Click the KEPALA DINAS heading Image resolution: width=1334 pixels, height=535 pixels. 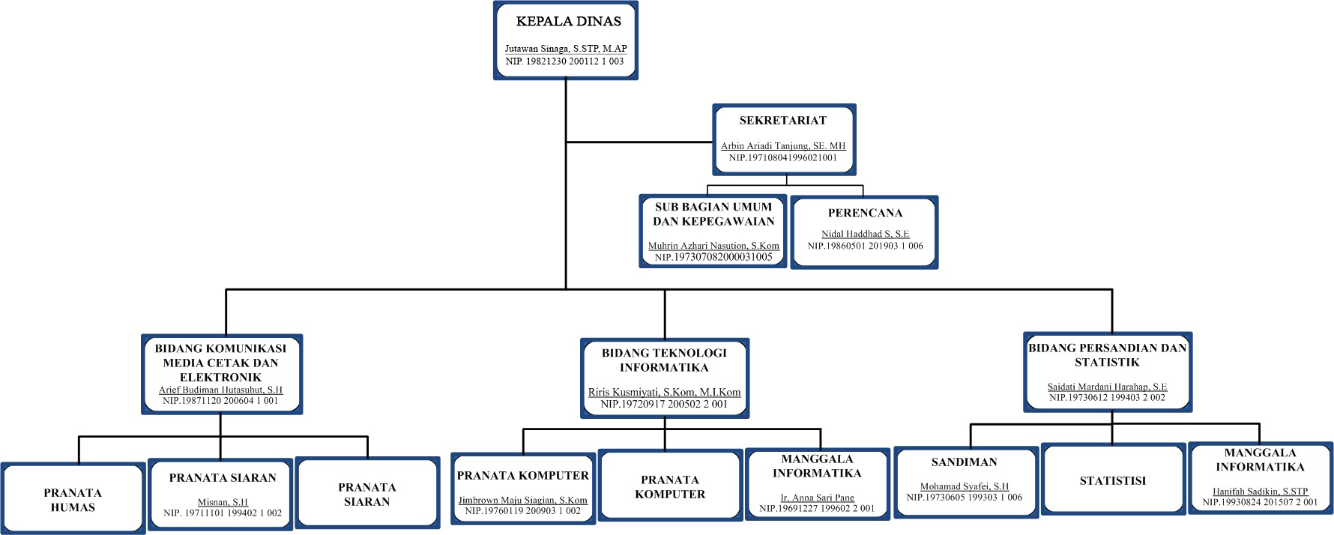(568, 22)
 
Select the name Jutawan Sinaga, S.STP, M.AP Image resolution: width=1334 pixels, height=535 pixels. (565, 49)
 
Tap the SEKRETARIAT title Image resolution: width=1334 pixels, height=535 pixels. (782, 121)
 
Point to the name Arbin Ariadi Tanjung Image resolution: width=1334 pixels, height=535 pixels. (782, 146)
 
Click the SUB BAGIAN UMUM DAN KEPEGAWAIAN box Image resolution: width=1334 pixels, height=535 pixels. (713, 231)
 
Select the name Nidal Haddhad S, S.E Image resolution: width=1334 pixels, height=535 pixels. (865, 234)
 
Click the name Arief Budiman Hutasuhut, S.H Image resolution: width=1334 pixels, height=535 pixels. (220, 390)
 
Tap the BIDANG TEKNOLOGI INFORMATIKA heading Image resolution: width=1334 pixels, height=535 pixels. (664, 360)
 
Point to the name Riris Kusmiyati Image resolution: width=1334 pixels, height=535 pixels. (664, 392)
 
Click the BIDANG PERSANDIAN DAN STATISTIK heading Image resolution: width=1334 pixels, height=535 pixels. (1107, 355)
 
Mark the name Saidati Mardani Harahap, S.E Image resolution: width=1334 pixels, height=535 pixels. (1107, 387)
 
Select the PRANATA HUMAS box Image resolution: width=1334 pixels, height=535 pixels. (73, 498)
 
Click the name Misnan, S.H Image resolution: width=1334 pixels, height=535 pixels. (222, 502)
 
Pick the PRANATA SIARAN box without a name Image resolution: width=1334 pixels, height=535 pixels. (367, 494)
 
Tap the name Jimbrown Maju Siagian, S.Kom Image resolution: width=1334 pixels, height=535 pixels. (522, 500)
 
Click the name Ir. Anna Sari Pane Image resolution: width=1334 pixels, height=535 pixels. (817, 497)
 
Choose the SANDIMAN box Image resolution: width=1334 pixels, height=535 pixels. (965, 480)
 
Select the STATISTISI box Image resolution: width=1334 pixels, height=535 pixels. (1112, 480)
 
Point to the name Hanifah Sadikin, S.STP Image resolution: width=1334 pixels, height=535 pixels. (1260, 492)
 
